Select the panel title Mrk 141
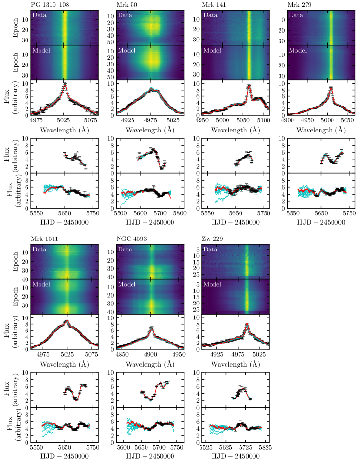(x=214, y=4)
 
